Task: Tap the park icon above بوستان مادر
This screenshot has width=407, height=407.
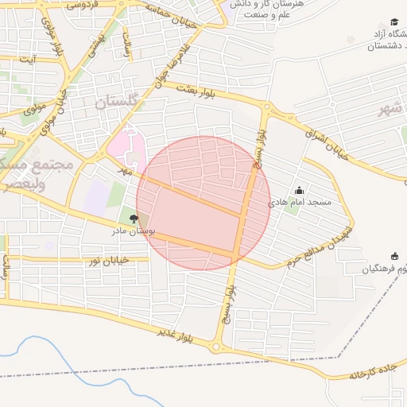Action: [133, 218]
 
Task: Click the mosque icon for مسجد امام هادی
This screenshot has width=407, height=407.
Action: [299, 191]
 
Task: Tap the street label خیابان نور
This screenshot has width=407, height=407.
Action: [107, 261]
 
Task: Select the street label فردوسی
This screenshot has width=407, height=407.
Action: [83, 5]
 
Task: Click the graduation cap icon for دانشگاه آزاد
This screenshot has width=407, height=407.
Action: [394, 21]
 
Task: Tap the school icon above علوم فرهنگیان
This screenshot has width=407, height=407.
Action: [394, 256]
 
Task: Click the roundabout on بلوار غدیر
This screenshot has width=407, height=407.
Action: [215, 347]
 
